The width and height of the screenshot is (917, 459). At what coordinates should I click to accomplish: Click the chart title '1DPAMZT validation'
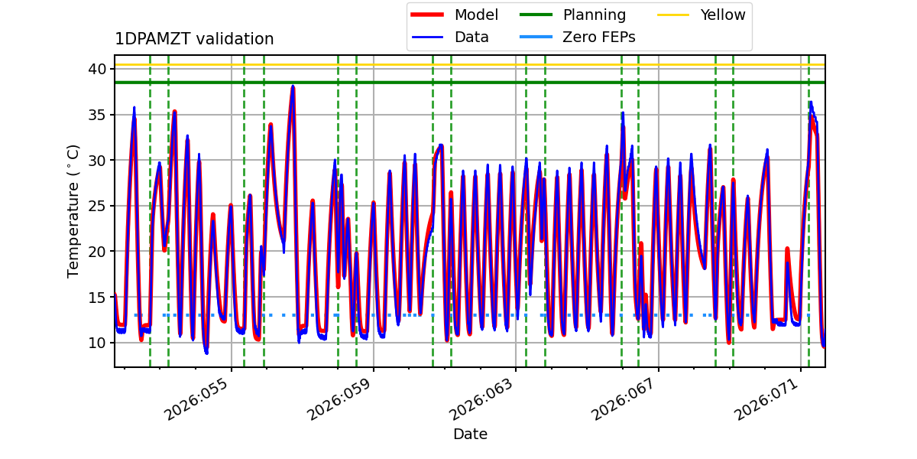tap(194, 39)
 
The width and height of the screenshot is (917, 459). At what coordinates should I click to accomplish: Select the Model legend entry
tap(475, 15)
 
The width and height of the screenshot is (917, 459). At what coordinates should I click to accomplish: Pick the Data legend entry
tap(471, 37)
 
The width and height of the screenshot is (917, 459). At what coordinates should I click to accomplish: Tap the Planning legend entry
tap(594, 15)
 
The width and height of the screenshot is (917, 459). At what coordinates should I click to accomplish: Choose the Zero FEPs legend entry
tap(598, 37)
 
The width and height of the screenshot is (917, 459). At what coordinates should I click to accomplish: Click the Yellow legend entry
tap(722, 15)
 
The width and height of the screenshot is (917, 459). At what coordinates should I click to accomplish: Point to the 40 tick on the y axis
tap(97, 69)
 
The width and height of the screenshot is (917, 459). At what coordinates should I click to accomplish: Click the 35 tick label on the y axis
tap(97, 115)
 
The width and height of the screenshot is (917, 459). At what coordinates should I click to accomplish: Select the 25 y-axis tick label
tap(97, 206)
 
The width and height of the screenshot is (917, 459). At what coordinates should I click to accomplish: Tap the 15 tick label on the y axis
tap(97, 297)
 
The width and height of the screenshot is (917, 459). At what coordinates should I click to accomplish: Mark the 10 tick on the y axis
tap(97, 342)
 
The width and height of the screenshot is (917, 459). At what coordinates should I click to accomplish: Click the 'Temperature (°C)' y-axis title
tap(73, 210)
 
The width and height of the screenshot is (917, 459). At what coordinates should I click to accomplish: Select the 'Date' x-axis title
tap(470, 435)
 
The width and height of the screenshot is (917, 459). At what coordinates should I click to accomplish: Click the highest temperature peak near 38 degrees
tap(292, 87)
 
